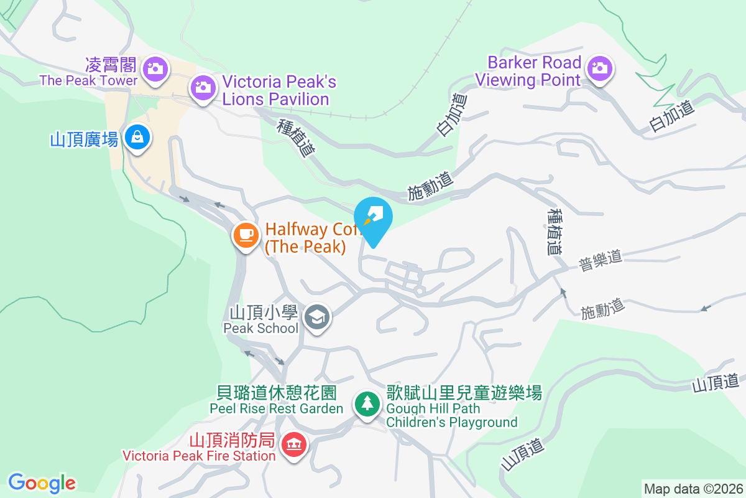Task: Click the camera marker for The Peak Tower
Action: tap(153, 68)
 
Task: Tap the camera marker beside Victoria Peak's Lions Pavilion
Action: tap(202, 87)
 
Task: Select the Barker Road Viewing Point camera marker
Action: tap(599, 67)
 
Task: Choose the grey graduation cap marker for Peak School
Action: tap(318, 317)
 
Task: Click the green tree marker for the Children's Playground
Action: tap(367, 403)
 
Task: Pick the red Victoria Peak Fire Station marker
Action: tap(293, 444)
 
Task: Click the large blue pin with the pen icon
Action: tap(373, 218)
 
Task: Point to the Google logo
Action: tap(42, 483)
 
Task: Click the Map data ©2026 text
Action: tap(693, 489)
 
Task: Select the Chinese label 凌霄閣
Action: tap(113, 64)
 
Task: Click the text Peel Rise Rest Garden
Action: tap(277, 408)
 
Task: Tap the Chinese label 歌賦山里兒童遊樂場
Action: tap(464, 393)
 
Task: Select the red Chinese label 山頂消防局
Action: tap(232, 441)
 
